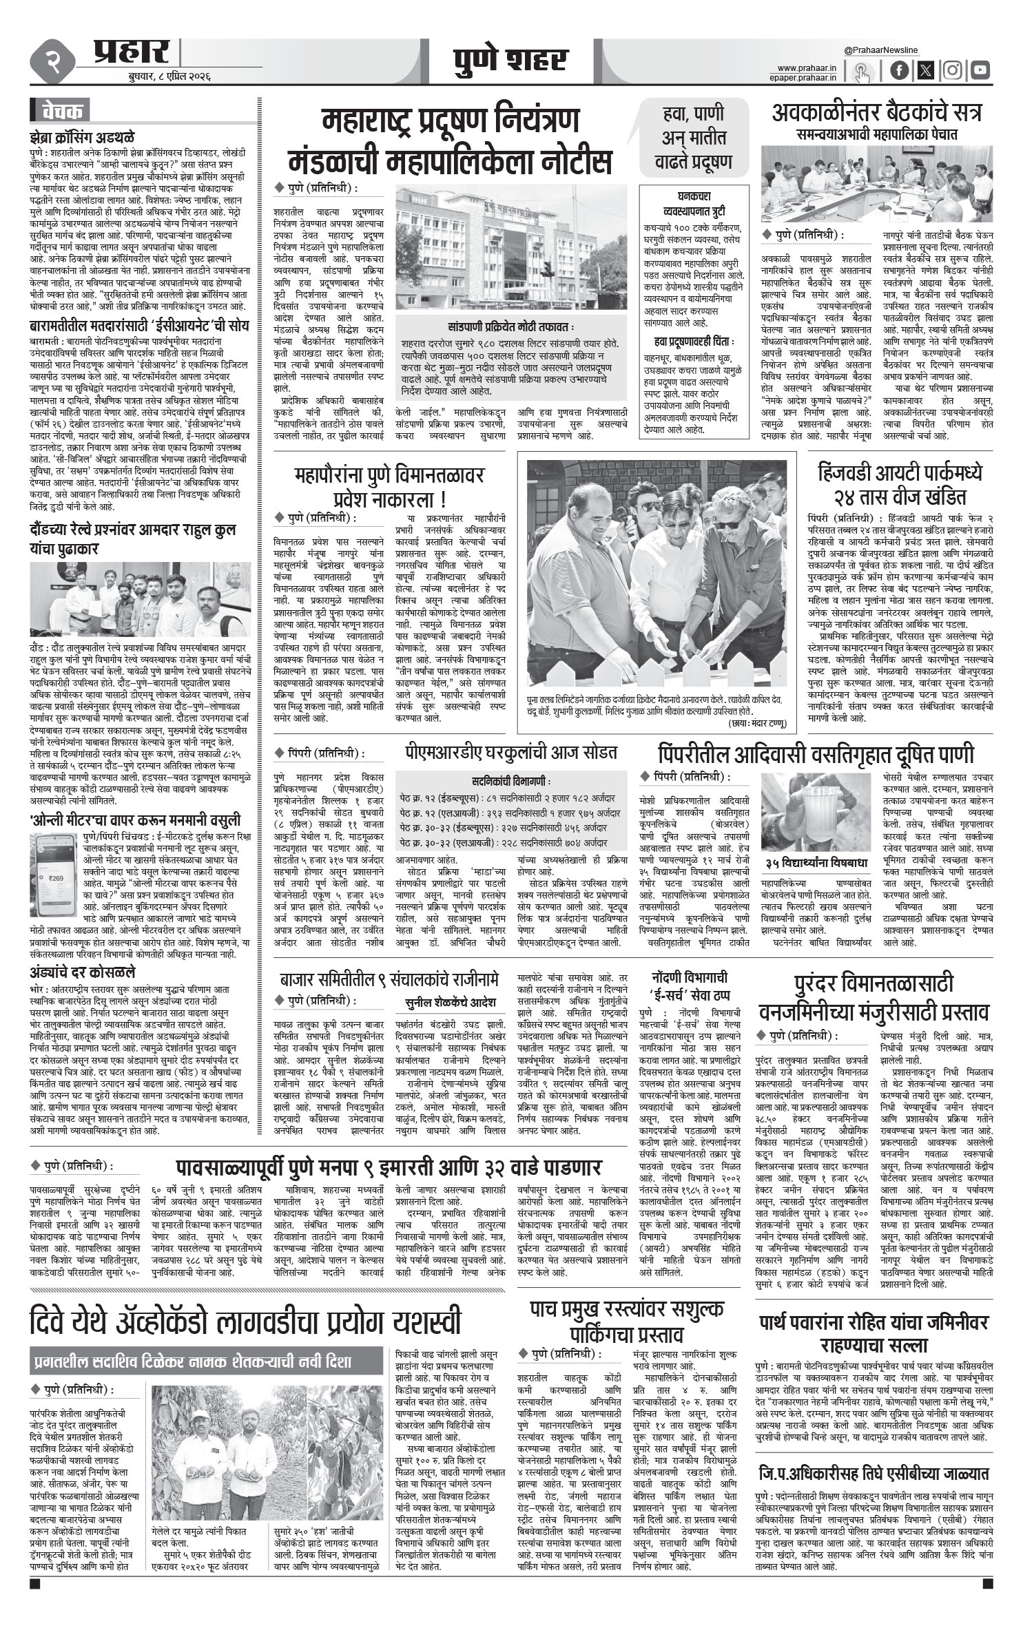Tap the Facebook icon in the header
[899, 70]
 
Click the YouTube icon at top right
[980, 70]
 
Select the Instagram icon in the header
[953, 70]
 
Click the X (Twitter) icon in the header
[926, 70]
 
